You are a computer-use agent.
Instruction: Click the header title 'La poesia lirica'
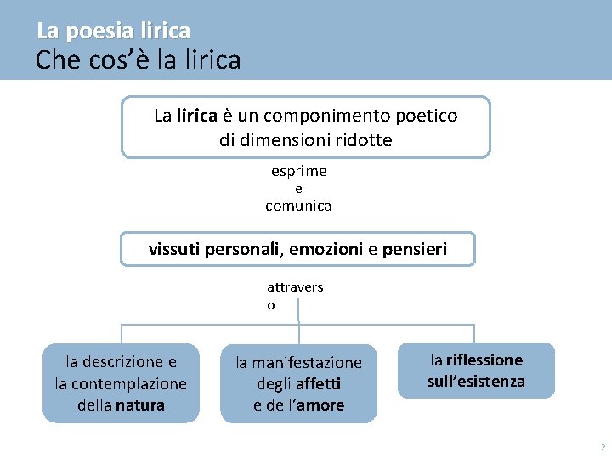(113, 31)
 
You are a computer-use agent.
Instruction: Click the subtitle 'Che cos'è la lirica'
(138, 60)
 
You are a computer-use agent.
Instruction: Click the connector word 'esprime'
(298, 171)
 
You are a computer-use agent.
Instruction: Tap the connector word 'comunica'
(298, 206)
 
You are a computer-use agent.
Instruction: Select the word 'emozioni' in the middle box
(326, 250)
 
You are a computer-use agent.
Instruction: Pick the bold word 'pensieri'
(414, 250)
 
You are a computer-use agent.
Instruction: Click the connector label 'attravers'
(295, 287)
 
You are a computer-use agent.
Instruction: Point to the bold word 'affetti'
(318, 384)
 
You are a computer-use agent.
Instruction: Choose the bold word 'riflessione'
(484, 360)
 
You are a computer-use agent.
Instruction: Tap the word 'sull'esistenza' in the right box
(476, 382)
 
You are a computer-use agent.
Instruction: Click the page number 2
(602, 447)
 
